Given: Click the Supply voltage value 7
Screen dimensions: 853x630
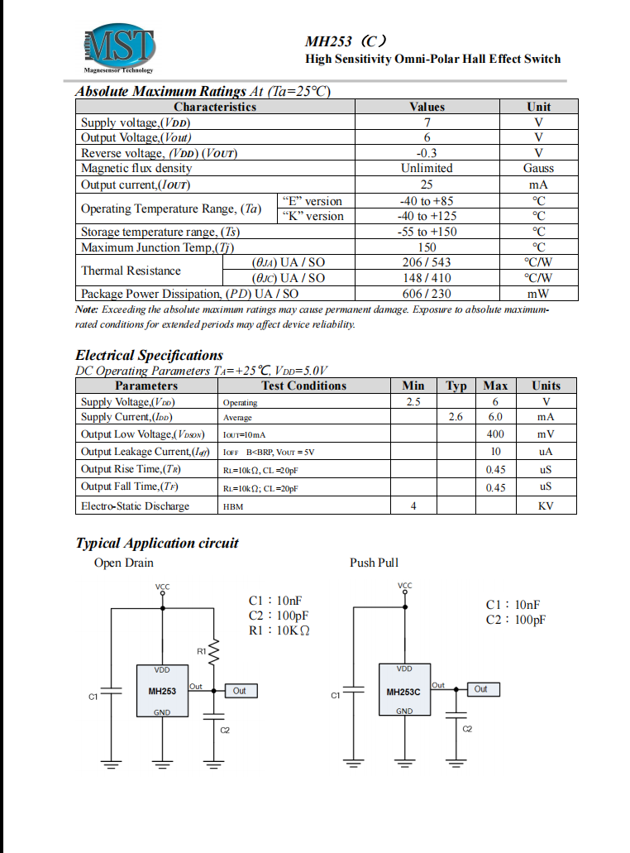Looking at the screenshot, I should pyautogui.click(x=427, y=122).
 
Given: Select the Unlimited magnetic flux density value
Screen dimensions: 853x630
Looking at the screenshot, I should pyautogui.click(x=427, y=168).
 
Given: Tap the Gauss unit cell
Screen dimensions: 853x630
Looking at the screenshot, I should pyautogui.click(x=538, y=168).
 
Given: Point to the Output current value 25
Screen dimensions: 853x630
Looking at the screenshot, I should pyautogui.click(x=427, y=184).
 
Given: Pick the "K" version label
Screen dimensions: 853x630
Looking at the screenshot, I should pyautogui.click(x=312, y=216).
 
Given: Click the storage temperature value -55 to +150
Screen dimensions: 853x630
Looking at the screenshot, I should pyautogui.click(x=427, y=232).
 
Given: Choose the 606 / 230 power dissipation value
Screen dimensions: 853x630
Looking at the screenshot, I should pyautogui.click(x=427, y=294).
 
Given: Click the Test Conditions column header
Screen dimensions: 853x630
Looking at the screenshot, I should pyautogui.click(x=303, y=386).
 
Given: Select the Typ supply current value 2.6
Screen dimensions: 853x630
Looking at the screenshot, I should pyautogui.click(x=456, y=417).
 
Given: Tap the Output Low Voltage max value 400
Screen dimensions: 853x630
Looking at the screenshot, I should pyautogui.click(x=495, y=434).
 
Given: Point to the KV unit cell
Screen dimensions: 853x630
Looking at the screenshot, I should pyautogui.click(x=546, y=506).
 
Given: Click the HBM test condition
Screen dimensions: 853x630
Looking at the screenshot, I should pyautogui.click(x=233, y=506).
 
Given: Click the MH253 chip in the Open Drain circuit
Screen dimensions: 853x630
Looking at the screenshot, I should pyautogui.click(x=162, y=691).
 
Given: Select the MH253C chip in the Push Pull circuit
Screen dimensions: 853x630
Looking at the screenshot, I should pyautogui.click(x=404, y=690).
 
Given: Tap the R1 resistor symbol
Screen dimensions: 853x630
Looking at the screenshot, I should pyautogui.click(x=213, y=652).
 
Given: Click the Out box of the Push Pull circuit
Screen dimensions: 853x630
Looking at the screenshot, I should pyautogui.click(x=480, y=689).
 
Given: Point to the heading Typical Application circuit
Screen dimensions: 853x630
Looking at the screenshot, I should pyautogui.click(x=157, y=543).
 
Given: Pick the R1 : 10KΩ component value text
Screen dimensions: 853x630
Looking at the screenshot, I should pyautogui.click(x=279, y=630).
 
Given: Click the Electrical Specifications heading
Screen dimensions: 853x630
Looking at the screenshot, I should pyautogui.click(x=149, y=355).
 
